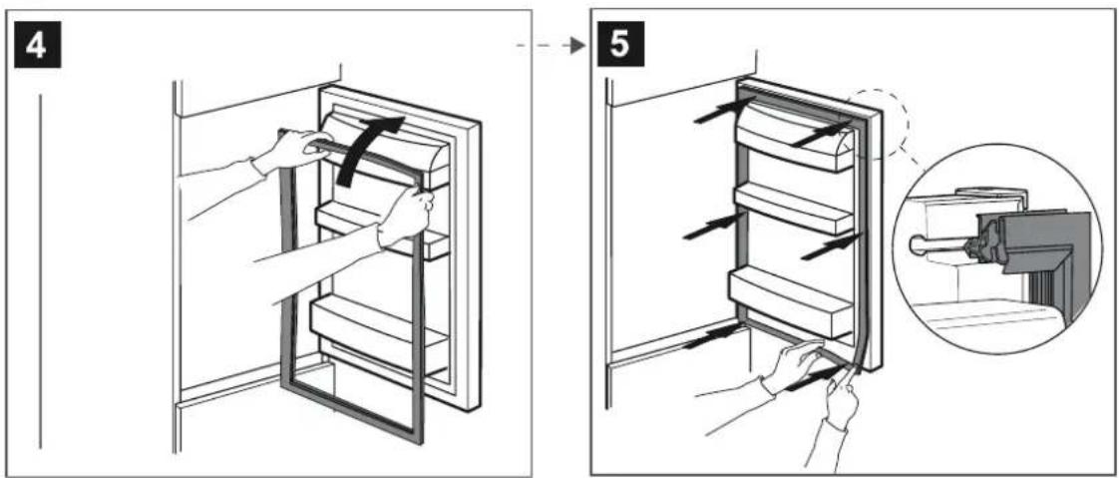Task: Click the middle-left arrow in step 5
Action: (x=705, y=227)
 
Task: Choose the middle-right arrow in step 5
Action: (x=828, y=245)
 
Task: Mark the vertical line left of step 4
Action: (x=41, y=269)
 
